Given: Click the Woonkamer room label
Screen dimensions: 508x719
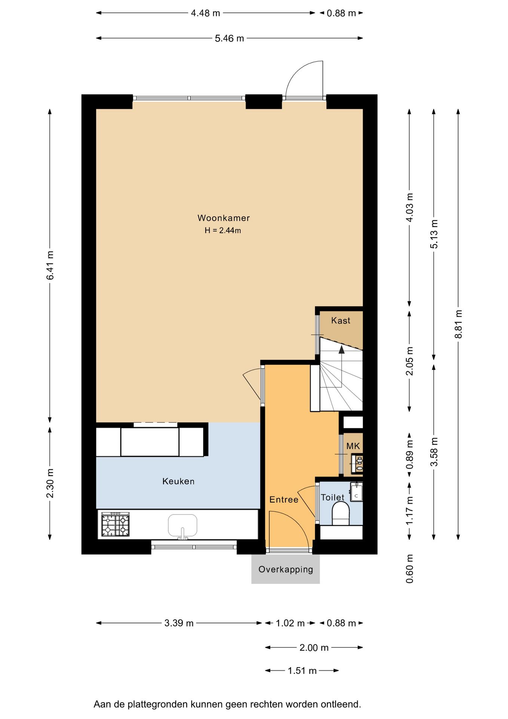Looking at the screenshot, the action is [x=223, y=218].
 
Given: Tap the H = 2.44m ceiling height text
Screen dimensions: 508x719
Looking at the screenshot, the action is [x=223, y=231].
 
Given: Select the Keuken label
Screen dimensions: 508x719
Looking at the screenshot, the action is [x=178, y=481].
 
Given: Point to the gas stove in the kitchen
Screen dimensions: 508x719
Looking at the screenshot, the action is [x=115, y=525].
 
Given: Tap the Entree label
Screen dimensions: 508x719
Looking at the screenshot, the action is [x=284, y=500].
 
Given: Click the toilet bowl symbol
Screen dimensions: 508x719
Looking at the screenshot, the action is [x=340, y=513].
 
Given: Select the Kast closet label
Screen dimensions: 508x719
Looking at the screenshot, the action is [x=341, y=321].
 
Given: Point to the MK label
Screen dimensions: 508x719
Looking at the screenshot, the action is [x=353, y=446].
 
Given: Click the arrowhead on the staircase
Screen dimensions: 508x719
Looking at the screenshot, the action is [x=342, y=350].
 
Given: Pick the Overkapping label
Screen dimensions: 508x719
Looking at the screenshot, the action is [x=286, y=570].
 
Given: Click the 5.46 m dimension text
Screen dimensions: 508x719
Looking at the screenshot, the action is [x=229, y=38].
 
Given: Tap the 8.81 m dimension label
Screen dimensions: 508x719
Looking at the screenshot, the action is [x=458, y=324].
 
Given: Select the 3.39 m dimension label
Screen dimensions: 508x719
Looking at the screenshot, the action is [x=179, y=623].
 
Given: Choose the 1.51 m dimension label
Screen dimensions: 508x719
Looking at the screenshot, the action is [x=302, y=671].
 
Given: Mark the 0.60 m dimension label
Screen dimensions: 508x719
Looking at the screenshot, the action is [x=410, y=569].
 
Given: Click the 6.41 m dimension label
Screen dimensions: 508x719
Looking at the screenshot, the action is [x=50, y=266].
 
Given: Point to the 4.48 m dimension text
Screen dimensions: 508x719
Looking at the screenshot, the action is [x=205, y=13].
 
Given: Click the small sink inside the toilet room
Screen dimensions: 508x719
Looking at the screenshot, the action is [x=356, y=492].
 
